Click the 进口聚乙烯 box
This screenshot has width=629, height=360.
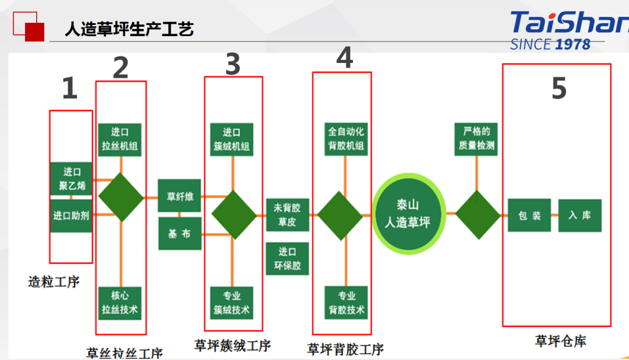[71, 179]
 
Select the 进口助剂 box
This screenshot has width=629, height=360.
[71, 216]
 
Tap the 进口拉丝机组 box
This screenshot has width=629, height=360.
[120, 139]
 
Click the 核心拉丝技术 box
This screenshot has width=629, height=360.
[120, 303]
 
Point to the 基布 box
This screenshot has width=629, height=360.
[180, 234]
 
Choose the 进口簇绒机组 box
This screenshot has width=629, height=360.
[232, 139]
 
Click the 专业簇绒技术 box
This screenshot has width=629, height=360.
[232, 303]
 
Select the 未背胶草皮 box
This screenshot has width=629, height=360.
[287, 214]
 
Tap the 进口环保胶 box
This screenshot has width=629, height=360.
[287, 259]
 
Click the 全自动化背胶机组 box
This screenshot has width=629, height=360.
[346, 139]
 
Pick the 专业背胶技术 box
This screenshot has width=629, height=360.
[346, 303]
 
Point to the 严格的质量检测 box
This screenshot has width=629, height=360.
[476, 139]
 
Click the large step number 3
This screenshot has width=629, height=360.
[233, 65]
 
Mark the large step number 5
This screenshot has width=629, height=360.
[559, 89]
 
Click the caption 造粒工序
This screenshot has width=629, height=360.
[54, 283]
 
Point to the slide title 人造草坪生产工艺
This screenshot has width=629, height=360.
[129, 29]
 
